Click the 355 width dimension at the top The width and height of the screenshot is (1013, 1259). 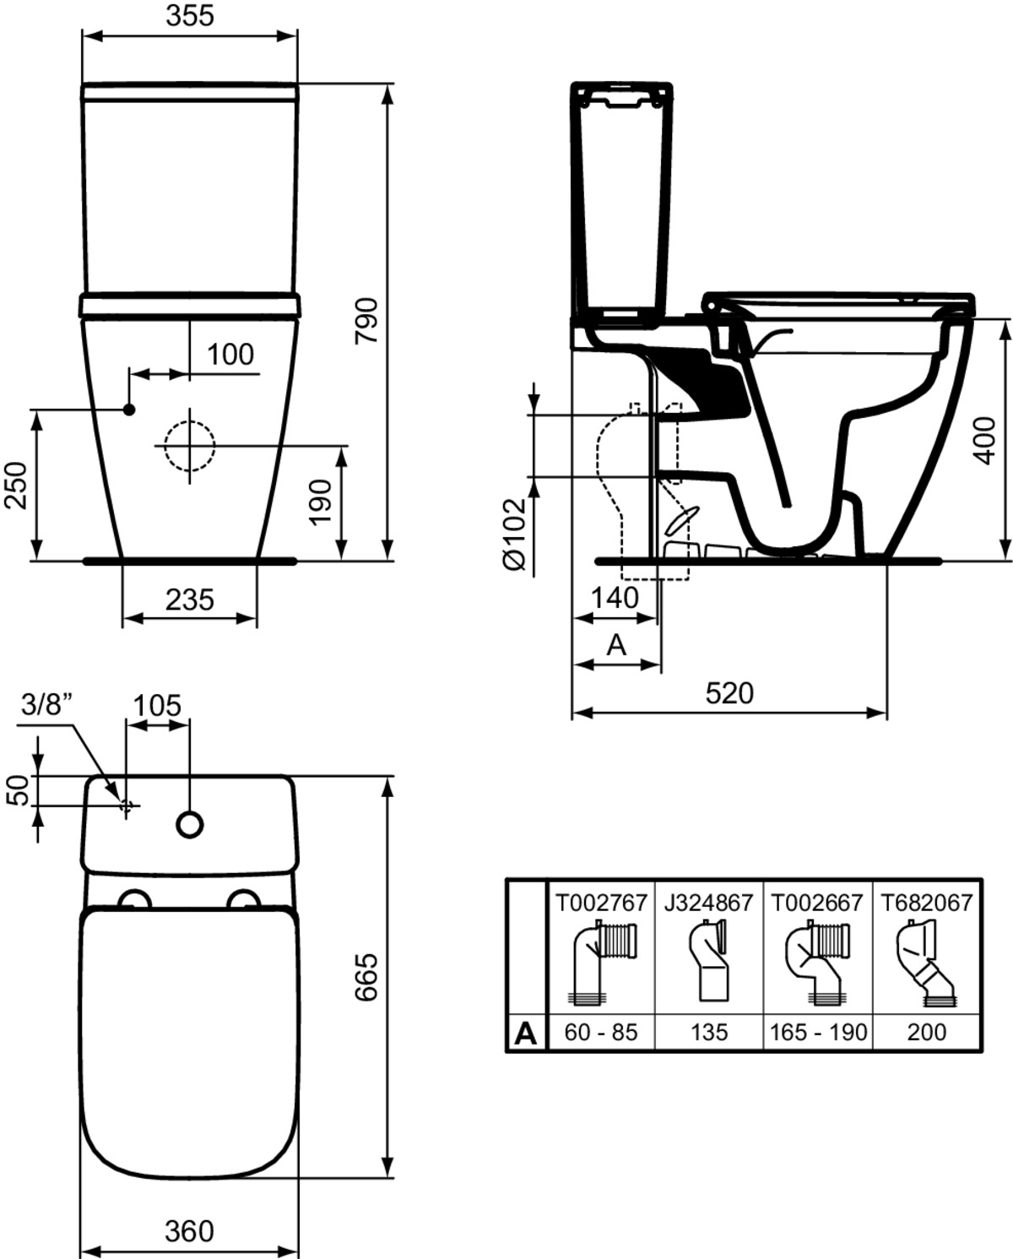190,16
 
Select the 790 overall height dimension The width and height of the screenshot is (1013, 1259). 367,321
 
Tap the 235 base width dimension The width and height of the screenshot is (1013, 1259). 189,600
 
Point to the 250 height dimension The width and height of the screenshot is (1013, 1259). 16,486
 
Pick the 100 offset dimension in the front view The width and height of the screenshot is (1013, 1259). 230,355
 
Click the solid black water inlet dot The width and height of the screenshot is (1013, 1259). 129,410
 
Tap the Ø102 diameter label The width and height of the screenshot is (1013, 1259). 515,534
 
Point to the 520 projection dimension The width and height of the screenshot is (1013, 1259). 729,693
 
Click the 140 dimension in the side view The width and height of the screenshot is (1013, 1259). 615,598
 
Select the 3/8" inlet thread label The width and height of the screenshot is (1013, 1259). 48,705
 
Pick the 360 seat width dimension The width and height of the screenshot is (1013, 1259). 189,1231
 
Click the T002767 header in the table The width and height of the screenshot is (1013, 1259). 601,903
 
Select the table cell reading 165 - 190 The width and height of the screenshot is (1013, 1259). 818,1032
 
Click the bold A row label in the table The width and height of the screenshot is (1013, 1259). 525,1034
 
